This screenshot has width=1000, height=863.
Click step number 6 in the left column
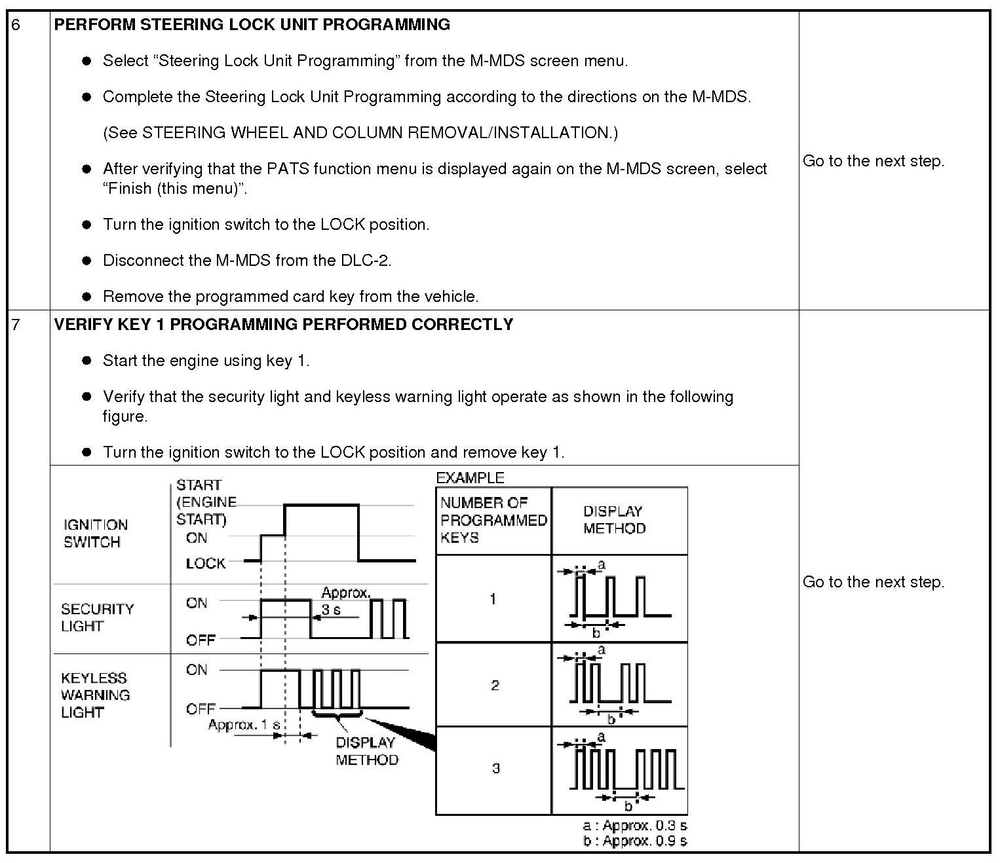16,25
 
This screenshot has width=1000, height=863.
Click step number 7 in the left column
16,325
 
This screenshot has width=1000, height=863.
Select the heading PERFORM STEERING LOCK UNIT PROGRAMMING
252,25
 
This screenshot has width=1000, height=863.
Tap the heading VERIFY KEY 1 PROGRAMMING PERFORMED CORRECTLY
283,325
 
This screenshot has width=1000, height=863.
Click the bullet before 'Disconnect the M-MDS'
87,261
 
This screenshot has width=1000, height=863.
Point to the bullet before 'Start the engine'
87,361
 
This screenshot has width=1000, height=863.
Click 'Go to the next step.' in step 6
873,161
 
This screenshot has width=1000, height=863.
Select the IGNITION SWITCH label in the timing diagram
95,533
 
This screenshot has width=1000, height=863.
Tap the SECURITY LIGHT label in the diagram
97,617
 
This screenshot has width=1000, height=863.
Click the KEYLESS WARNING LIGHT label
95,695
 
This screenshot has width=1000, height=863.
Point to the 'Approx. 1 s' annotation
244,725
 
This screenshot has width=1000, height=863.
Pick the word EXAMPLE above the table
470,478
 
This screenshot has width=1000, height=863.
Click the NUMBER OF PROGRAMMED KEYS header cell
493,521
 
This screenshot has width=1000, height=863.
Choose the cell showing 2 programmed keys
495,685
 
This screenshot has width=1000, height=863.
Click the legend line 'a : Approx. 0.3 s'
634,825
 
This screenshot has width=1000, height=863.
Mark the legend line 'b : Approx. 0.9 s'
634,841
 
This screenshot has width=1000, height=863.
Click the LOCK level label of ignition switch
205,563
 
